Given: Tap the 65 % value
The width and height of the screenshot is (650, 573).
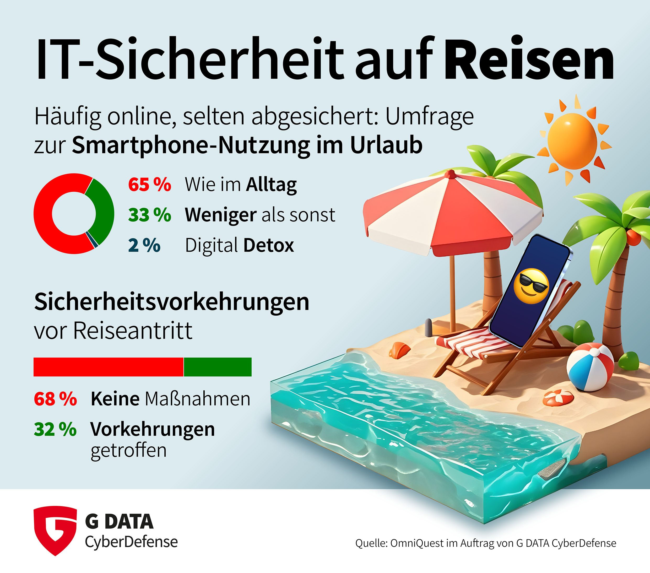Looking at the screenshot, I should pos(149,185).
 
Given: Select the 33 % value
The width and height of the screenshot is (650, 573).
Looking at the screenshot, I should pos(149,215).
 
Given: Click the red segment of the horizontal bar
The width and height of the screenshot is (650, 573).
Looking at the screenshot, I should pos(108,367).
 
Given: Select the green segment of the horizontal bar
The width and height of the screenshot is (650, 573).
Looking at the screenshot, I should pos(218,367).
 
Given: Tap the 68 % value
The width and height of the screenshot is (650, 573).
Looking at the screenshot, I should pos(55,399).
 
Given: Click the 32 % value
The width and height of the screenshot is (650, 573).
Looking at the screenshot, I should pos(55,429).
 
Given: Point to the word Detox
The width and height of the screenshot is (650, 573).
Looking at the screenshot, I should pos(269,246).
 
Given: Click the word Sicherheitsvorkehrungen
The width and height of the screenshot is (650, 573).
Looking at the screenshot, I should pos(172,302).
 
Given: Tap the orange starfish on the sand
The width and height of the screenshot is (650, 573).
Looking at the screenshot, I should pos(558,397).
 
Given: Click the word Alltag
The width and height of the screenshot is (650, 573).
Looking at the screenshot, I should pos(271,185).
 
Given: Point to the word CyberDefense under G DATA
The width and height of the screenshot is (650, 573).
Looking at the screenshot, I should pos(131,542).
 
